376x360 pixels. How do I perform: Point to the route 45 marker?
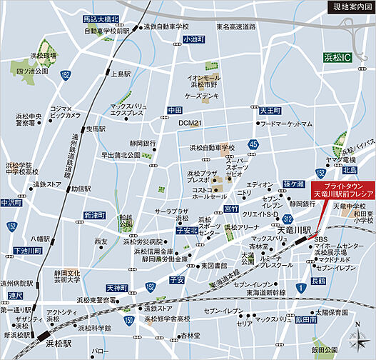point(253,145)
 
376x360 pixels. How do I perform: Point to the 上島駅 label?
point(121,74)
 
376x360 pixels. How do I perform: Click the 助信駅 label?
point(84,189)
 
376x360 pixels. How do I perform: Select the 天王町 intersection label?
point(270,111)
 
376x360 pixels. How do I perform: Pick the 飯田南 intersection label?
point(304,319)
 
